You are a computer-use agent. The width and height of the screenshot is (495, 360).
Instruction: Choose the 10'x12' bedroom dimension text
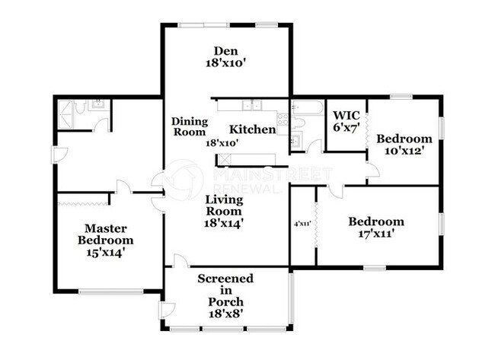coord(404,151)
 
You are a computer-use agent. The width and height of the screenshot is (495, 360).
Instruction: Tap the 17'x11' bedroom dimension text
coord(376,235)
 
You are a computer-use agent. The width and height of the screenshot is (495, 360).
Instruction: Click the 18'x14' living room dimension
coord(224,223)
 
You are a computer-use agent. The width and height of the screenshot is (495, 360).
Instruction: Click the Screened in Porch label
coord(225,290)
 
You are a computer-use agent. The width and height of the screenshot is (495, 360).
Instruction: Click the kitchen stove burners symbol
coord(282,119)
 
